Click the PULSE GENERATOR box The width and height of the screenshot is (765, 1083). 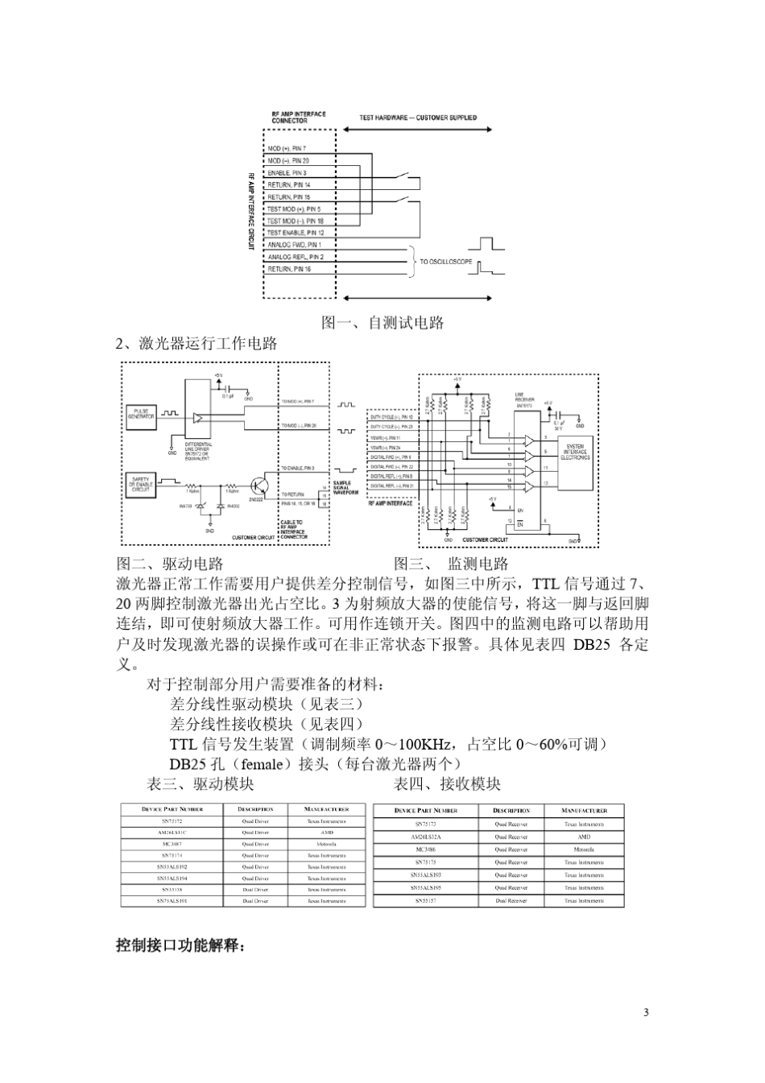pos(141,415)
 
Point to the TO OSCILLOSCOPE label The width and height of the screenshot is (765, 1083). pos(446,262)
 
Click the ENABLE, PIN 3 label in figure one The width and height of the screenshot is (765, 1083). pos(287,173)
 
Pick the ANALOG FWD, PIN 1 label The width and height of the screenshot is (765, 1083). pos(294,245)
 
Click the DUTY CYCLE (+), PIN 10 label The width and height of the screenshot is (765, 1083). pos(391,418)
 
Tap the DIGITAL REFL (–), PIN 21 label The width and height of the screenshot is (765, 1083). pos(391,486)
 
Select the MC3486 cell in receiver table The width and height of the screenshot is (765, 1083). pos(426,849)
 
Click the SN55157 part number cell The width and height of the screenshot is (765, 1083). pos(426,900)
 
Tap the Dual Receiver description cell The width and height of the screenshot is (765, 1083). pos(511,900)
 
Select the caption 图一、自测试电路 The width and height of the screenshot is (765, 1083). pos(382,323)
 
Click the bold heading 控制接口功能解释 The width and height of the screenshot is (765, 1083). pos(180,945)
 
